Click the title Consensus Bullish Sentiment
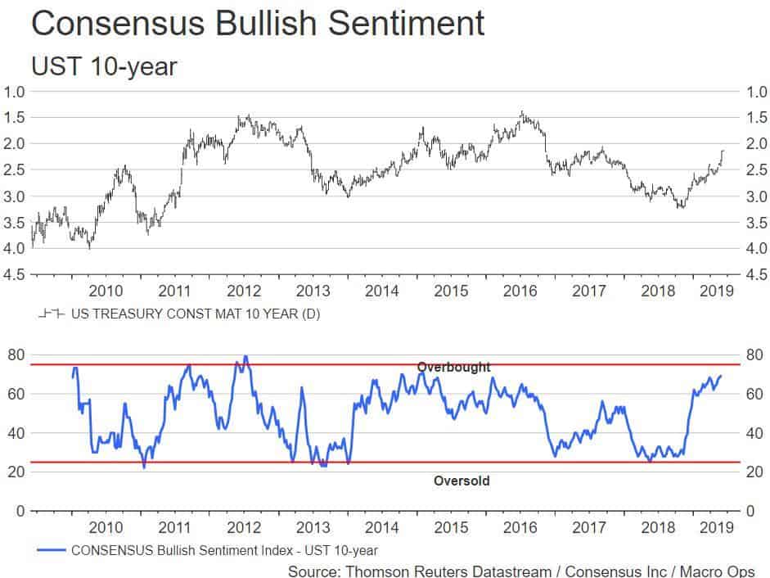point(257,24)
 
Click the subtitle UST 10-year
point(103,66)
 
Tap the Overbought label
point(453,368)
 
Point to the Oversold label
point(462,481)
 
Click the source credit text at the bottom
point(521,571)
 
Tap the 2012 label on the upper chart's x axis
point(244,291)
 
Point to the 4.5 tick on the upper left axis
point(16,275)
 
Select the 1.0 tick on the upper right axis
point(755,91)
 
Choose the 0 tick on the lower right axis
point(750,511)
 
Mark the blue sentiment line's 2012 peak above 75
point(245,357)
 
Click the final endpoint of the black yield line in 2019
point(723,151)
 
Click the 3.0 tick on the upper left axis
point(16,196)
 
